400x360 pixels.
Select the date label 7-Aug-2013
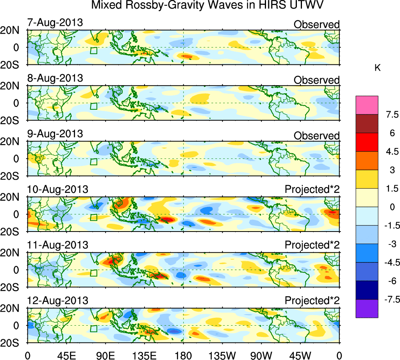tap(55, 22)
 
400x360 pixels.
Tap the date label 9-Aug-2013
tap(55, 134)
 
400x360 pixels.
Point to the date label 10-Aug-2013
tap(57, 189)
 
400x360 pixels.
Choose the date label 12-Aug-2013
tap(57, 301)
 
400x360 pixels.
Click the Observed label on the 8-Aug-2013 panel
tap(316, 80)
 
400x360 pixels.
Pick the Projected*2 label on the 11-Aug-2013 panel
tap(312, 245)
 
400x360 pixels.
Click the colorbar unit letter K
tap(377, 68)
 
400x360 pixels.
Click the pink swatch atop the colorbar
tap(367, 105)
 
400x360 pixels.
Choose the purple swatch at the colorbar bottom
tap(367, 308)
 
